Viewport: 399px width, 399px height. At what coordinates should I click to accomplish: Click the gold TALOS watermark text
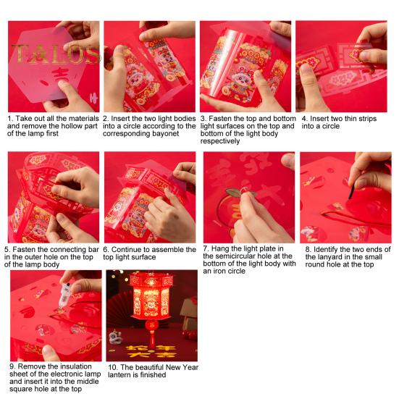pyautogui.click(x=54, y=54)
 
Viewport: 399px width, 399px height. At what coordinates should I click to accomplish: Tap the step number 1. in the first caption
pyautogui.click(x=11, y=117)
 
